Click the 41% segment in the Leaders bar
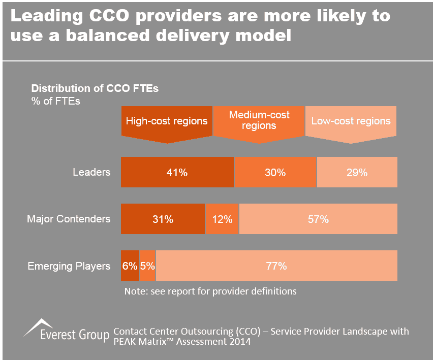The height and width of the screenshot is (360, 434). pos(177,173)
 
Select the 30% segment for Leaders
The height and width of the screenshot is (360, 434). pos(275,173)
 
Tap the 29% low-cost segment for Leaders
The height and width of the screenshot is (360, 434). pos(357,173)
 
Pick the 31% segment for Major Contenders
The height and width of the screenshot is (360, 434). pos(163,219)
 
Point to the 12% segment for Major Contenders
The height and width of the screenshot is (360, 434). pos(222,219)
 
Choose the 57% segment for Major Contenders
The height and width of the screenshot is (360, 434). pos(318,219)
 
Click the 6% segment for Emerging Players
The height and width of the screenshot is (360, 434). pos(130,266)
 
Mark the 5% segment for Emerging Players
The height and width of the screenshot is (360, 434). pos(147,266)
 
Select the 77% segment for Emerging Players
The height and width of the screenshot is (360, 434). pos(276,266)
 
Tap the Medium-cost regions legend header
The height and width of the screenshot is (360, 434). pos(259,121)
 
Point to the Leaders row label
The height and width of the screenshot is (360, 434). pos(91,172)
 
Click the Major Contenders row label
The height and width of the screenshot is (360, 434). pos(69,219)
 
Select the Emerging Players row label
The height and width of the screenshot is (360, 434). pos(69,266)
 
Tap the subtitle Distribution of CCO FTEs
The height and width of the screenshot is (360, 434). pos(95,88)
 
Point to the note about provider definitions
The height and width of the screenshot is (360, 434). pos(210,291)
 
